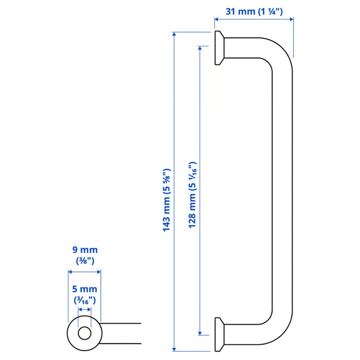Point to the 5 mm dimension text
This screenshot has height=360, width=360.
84,290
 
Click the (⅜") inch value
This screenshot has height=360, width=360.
84,260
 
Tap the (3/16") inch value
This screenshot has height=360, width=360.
84,300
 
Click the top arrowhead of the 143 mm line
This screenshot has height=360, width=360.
175,35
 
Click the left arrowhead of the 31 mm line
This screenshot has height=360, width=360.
217,20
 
